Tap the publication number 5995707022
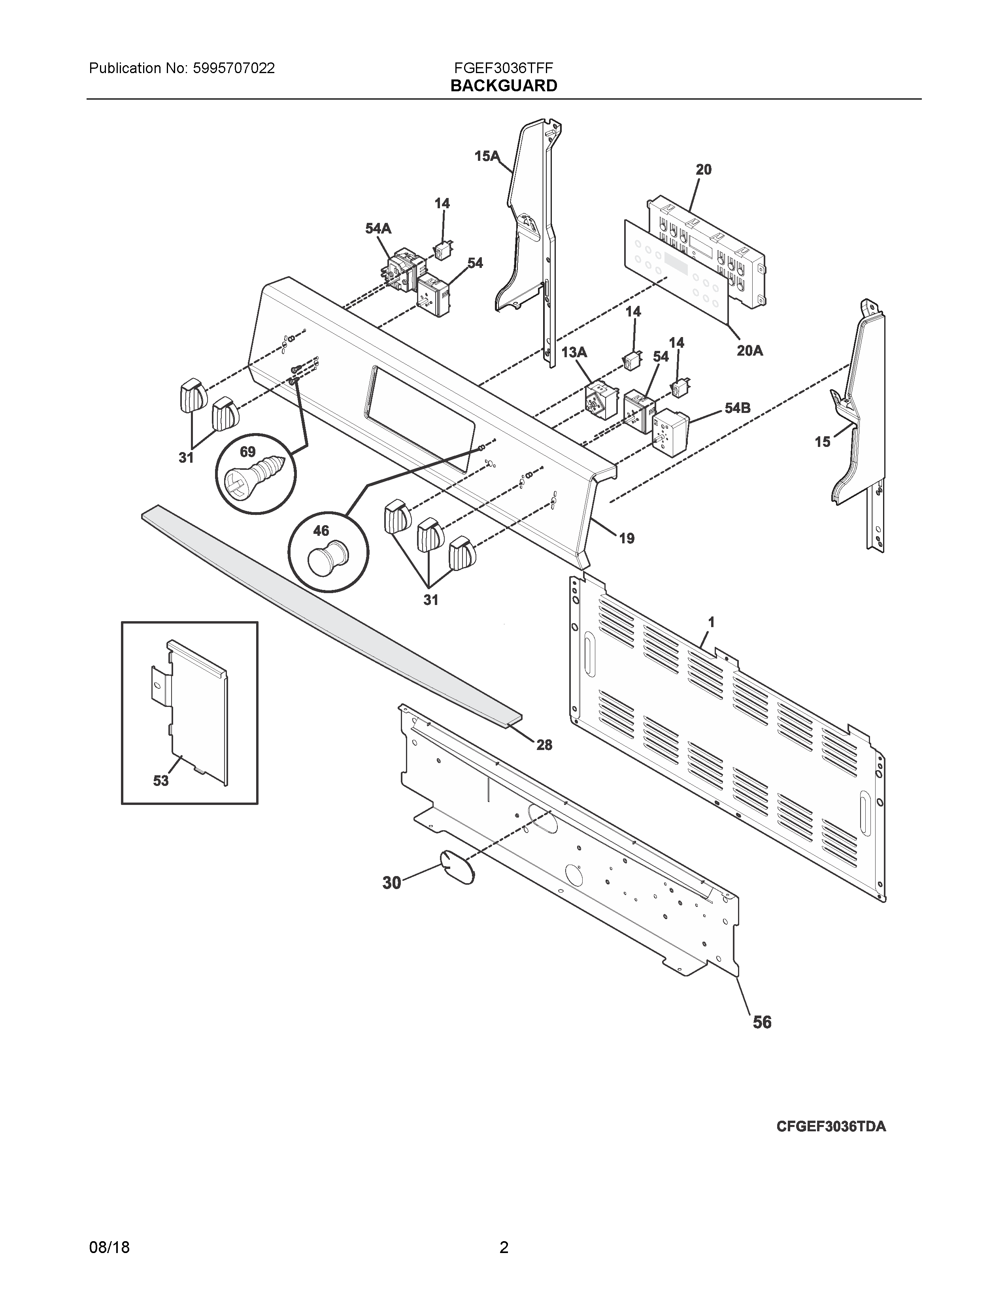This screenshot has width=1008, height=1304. pos(234,68)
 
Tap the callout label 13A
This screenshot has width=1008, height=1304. pos(574,352)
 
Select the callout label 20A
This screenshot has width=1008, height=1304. pos(749,350)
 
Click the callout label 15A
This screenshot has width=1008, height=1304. pos(487,156)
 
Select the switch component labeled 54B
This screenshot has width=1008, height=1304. pos(670,433)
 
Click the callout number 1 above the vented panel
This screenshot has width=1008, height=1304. pos(711,622)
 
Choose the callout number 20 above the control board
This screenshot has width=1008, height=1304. pos(704,170)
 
